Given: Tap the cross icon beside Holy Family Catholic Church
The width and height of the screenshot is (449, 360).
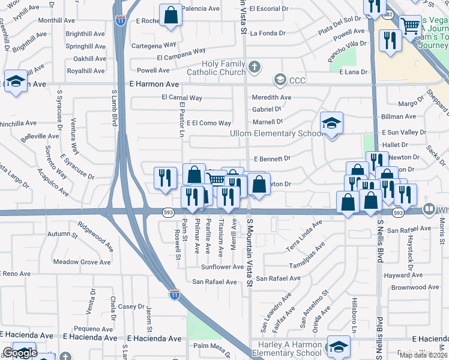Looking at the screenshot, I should click(255, 67).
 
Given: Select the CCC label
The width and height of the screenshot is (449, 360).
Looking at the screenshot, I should click(298, 79).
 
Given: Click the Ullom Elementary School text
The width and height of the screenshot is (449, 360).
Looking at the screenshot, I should click(276, 133).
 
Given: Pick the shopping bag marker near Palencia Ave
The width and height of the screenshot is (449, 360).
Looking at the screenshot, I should click(171, 16).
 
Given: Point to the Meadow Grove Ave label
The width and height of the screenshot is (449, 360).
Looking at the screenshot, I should click(82, 262).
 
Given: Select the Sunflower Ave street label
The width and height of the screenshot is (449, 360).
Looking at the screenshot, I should click(222, 266).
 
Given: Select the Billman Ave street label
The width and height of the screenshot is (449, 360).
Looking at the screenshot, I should click(399, 117).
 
